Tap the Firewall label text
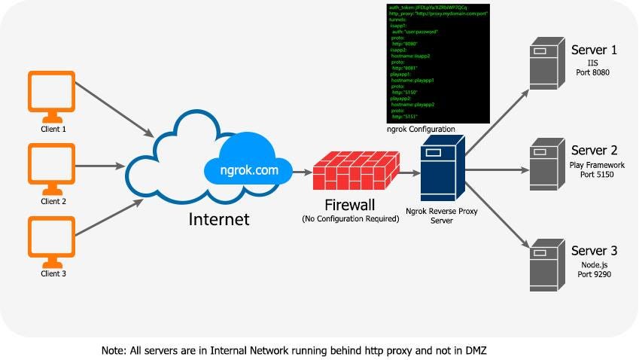point(350,205)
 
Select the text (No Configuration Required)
point(350,219)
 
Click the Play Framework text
point(598,165)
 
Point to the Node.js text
point(593,265)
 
